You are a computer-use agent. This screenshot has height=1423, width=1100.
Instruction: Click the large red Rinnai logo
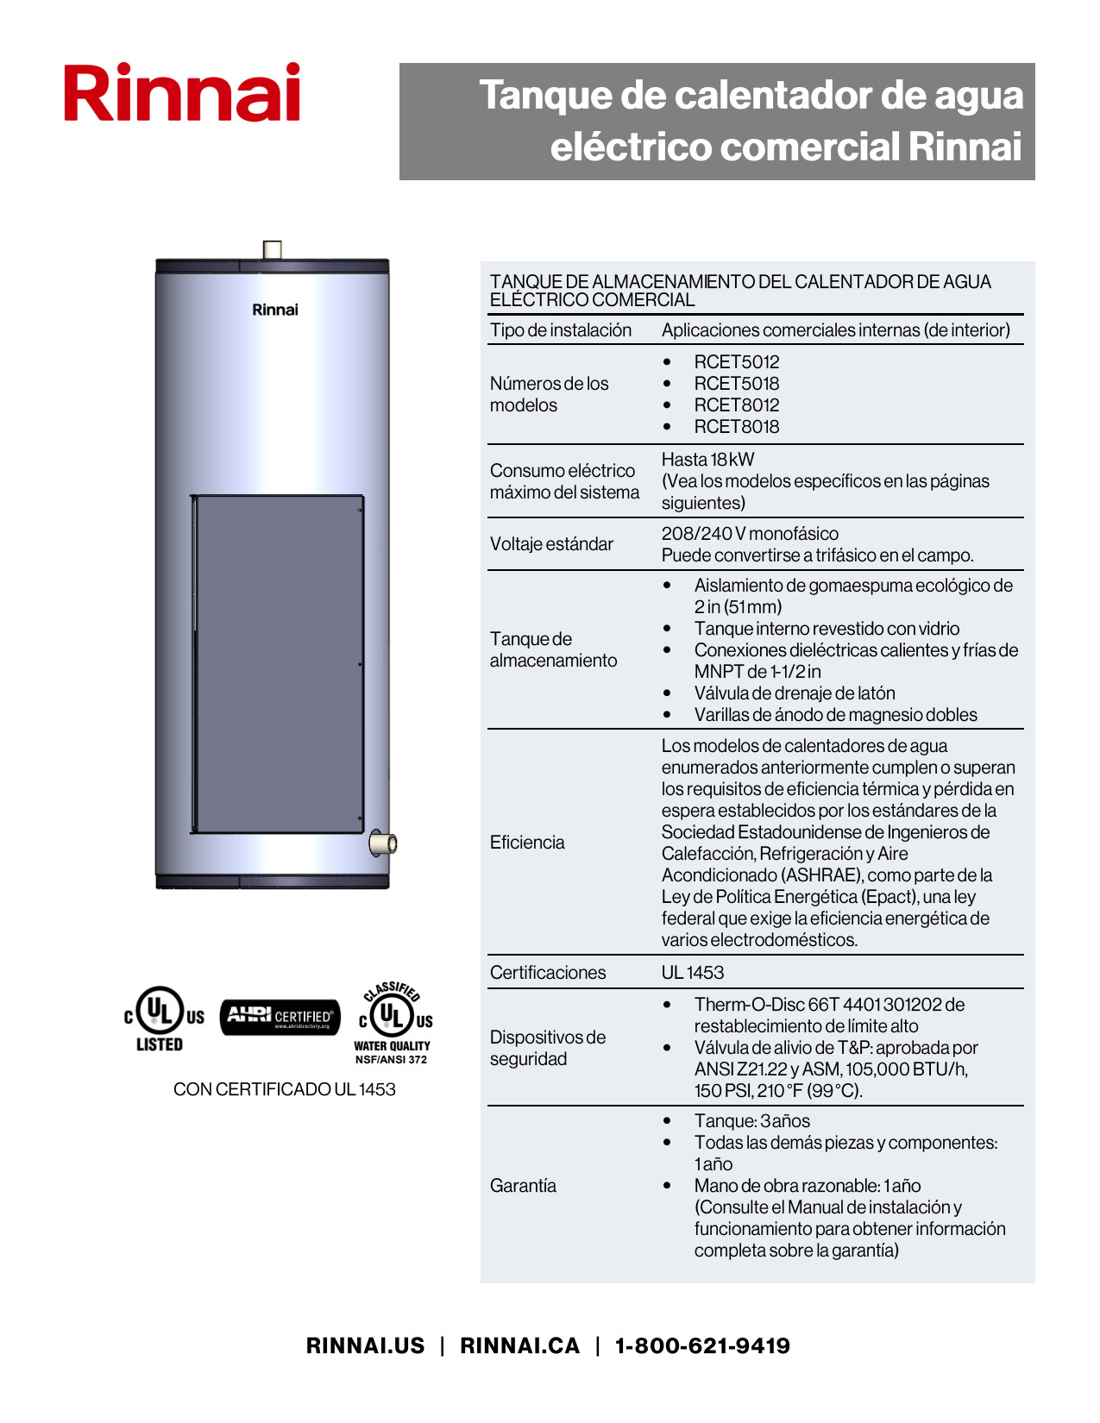[182, 92]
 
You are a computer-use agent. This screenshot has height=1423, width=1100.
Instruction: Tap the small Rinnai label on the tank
[275, 310]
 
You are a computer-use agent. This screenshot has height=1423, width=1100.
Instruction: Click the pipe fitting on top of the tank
[272, 250]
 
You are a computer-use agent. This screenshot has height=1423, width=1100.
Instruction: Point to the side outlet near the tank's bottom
[383, 843]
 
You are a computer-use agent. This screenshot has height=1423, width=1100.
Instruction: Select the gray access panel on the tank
[277, 664]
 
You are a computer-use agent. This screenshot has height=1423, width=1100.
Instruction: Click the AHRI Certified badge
[280, 1017]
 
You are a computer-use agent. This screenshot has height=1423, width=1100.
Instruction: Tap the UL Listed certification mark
[163, 1019]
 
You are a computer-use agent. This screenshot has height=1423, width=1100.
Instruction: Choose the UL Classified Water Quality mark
[393, 1021]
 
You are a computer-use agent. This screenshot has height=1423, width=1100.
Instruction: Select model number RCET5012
[736, 362]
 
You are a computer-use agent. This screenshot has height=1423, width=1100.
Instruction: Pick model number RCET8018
[736, 427]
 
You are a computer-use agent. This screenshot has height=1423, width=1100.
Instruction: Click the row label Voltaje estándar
[551, 544]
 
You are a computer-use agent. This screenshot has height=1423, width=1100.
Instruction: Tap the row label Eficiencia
[527, 843]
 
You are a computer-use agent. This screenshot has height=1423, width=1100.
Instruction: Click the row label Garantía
[523, 1186]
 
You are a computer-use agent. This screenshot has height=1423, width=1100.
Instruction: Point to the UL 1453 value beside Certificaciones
[693, 973]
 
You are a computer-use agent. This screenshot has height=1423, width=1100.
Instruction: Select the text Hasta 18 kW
[707, 460]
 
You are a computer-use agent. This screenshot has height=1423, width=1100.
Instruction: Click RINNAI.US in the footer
[365, 1346]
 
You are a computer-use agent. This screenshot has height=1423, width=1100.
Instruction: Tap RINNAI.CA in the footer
[519, 1346]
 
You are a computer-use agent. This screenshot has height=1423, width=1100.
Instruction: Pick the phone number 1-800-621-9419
[702, 1346]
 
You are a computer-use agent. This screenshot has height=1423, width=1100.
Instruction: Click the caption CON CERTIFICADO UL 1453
[284, 1089]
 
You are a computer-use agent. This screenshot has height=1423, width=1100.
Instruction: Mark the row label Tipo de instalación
[561, 330]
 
